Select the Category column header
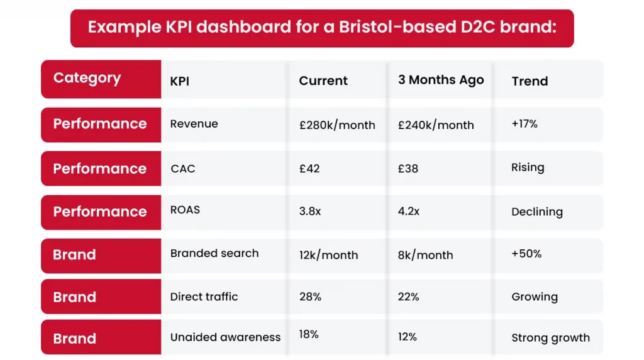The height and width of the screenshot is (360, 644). pos(87,78)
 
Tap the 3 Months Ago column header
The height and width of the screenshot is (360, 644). pos(441,80)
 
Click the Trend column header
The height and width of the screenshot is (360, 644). pos(530,81)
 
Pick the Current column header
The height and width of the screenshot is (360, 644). pos(323,81)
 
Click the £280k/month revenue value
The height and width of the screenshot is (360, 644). pos(337,125)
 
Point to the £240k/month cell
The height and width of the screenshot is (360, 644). pos(436,125)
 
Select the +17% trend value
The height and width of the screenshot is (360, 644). pos(525,124)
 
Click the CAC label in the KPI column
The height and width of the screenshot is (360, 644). pos(183,169)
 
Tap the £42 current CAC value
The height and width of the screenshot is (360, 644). pos(310,169)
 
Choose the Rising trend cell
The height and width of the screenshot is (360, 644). pos(528,167)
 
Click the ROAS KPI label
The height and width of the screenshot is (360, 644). pos(185,210)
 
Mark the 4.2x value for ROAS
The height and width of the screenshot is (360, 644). pos(409,211)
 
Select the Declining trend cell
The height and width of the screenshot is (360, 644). pos(537,211)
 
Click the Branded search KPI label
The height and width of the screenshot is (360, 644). pos(214,253)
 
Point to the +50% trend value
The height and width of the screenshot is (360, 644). pos(526,254)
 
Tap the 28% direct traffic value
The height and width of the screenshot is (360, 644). pos(310,296)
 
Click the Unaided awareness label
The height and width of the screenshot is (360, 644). pos(225,337)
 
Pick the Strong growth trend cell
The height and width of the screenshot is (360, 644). pos(550,338)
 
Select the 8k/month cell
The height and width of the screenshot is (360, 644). pos(425,255)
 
